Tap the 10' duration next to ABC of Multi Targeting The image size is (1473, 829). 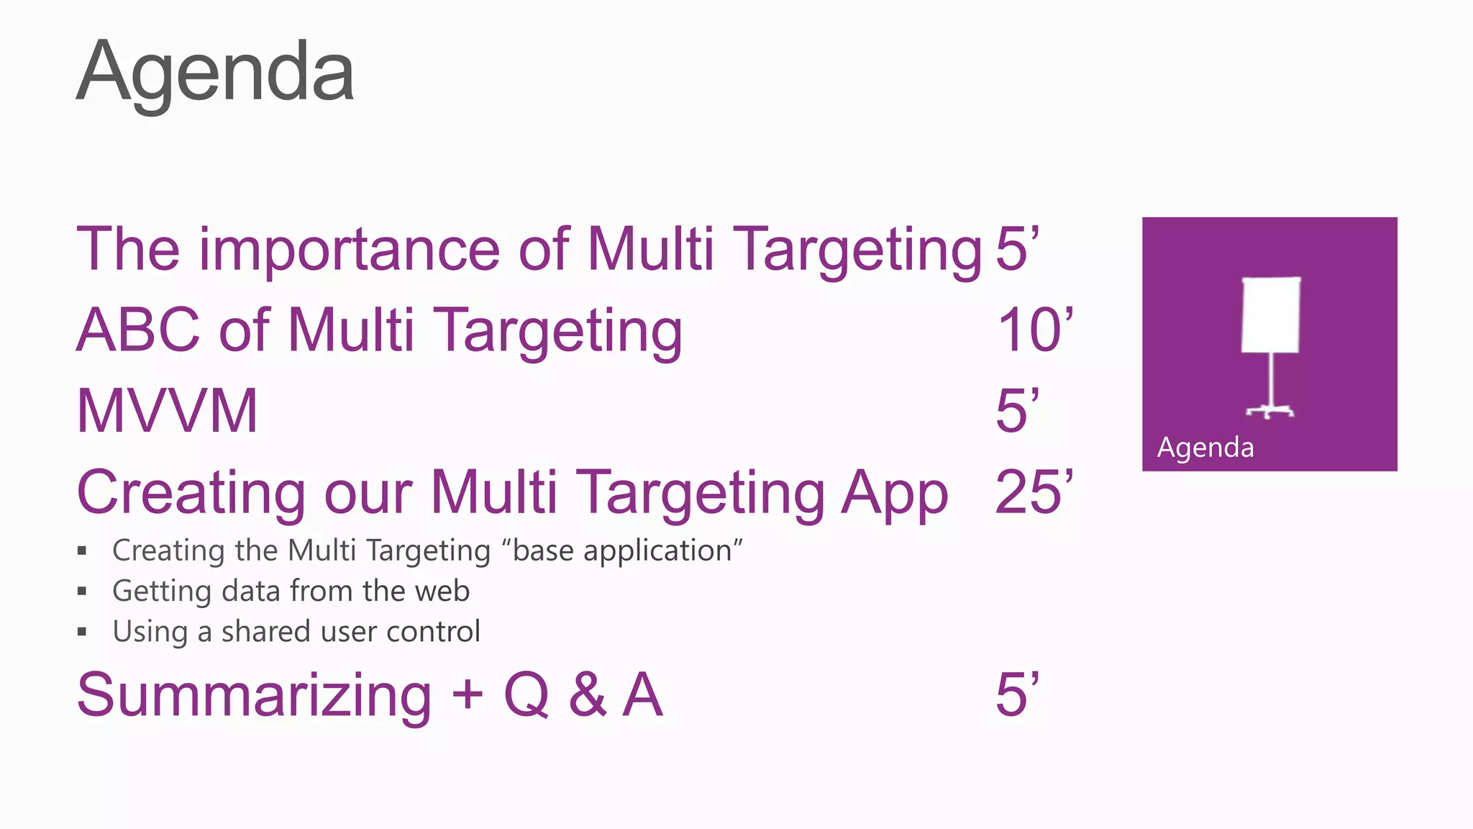(x=1034, y=330)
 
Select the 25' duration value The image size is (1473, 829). (x=1033, y=493)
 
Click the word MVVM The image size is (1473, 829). (x=167, y=412)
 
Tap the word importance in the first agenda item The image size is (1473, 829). (x=349, y=250)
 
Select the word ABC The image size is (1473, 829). (x=138, y=330)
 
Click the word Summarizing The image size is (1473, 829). (x=254, y=697)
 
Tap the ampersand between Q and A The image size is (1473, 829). (x=588, y=695)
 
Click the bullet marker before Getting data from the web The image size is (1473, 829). (x=82, y=592)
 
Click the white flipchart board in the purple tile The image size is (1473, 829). (x=1271, y=315)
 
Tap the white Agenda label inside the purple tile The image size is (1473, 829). (x=1205, y=448)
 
